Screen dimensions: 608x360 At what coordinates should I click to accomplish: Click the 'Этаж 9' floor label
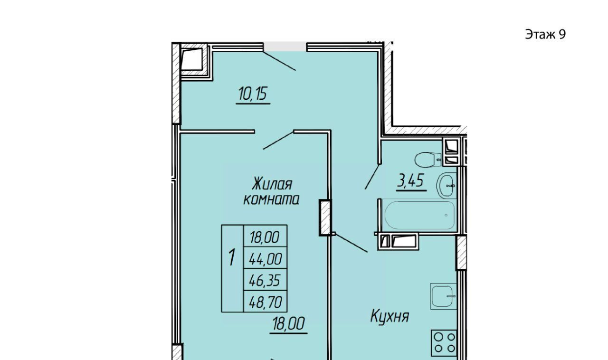click(545, 35)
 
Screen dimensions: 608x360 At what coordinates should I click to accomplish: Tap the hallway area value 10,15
click(253, 94)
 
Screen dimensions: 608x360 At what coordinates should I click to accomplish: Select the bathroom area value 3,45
click(410, 180)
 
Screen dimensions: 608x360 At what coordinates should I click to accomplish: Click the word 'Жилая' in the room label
click(272, 184)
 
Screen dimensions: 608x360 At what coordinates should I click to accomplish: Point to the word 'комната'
click(271, 199)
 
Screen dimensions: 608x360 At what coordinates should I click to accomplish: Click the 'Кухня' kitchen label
click(390, 316)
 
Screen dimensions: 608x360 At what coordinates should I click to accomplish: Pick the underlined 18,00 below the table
click(288, 323)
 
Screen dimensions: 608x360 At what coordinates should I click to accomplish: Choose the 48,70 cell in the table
click(266, 302)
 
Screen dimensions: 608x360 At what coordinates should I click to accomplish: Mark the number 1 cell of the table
click(232, 269)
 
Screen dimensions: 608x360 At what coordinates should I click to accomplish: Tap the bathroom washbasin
click(446, 186)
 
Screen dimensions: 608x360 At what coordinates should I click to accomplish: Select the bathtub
click(419, 215)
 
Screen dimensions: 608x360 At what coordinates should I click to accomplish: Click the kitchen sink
click(444, 296)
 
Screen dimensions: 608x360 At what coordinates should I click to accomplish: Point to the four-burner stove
click(444, 343)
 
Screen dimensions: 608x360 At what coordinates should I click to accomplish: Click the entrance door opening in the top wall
click(285, 47)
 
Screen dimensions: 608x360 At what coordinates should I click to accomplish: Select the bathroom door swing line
click(372, 177)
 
